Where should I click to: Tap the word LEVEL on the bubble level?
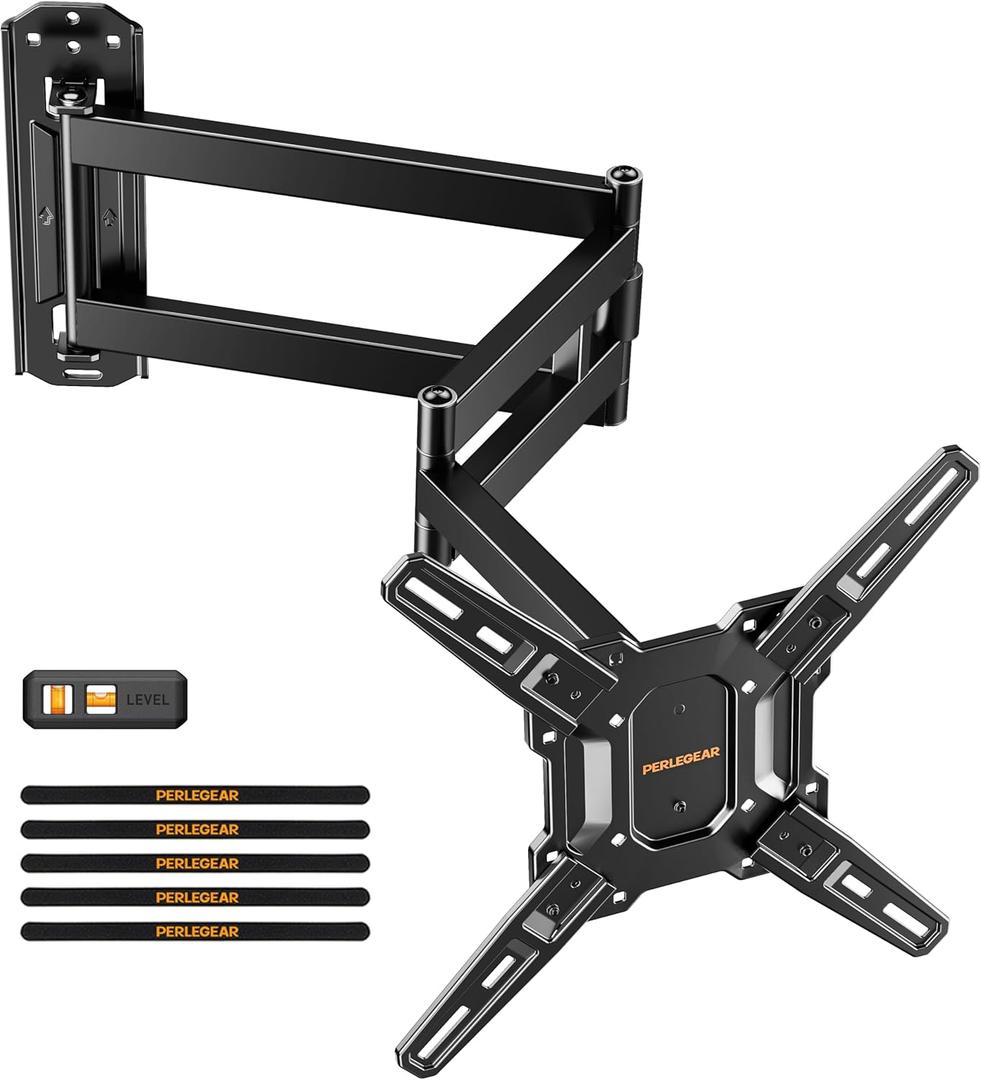(146, 700)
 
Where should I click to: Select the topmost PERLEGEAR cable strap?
(195, 795)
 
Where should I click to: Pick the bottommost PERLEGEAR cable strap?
(195, 930)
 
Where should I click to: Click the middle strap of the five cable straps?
(195, 863)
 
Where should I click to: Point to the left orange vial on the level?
(56, 699)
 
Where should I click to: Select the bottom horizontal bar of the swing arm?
(280, 325)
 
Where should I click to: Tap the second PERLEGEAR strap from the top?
(195, 829)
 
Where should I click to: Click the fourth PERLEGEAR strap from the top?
(195, 897)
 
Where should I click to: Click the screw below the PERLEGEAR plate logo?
(680, 807)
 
